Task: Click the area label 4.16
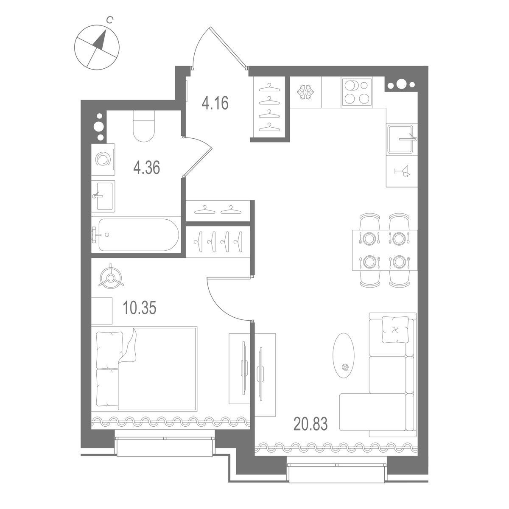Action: (215, 103)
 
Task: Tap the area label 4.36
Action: (146, 168)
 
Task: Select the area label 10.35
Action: (140, 308)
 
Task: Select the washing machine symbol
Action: (102, 159)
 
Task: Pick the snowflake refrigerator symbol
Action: (305, 92)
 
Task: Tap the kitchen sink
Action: (400, 139)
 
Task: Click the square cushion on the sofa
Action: (397, 330)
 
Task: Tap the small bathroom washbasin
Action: (103, 196)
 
